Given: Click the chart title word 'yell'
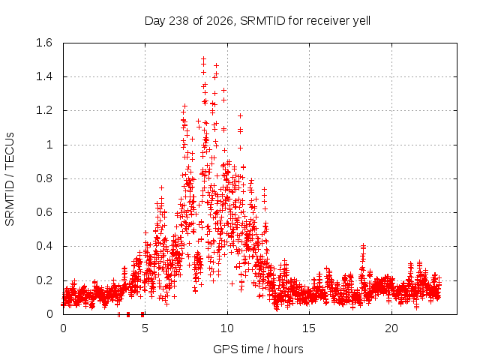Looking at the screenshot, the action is tap(361, 21).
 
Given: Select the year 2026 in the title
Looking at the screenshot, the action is tap(220, 21).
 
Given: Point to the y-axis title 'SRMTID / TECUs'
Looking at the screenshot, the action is tap(10, 179).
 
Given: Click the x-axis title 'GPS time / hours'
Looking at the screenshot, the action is tap(258, 349).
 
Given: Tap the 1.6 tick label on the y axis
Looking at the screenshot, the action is tap(44, 43).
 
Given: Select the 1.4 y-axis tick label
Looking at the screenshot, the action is tap(44, 76).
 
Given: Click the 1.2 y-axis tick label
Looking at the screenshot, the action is tap(44, 110).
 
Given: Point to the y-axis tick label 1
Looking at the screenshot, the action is tap(49, 145).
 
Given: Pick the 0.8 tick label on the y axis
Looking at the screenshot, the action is tap(44, 178).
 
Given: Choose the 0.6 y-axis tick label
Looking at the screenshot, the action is tap(44, 212).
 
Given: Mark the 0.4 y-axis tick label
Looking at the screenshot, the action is tap(44, 246).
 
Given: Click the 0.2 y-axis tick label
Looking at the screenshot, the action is tap(44, 280).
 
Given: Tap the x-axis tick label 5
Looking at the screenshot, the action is tap(145, 328).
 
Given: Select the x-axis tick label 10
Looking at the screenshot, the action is tap(227, 328).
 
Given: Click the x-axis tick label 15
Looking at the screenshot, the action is tap(309, 328).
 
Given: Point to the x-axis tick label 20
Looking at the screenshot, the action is tap(391, 328).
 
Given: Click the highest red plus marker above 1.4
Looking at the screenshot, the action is tap(203, 58).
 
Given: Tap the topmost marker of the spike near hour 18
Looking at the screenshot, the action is tap(363, 245).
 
